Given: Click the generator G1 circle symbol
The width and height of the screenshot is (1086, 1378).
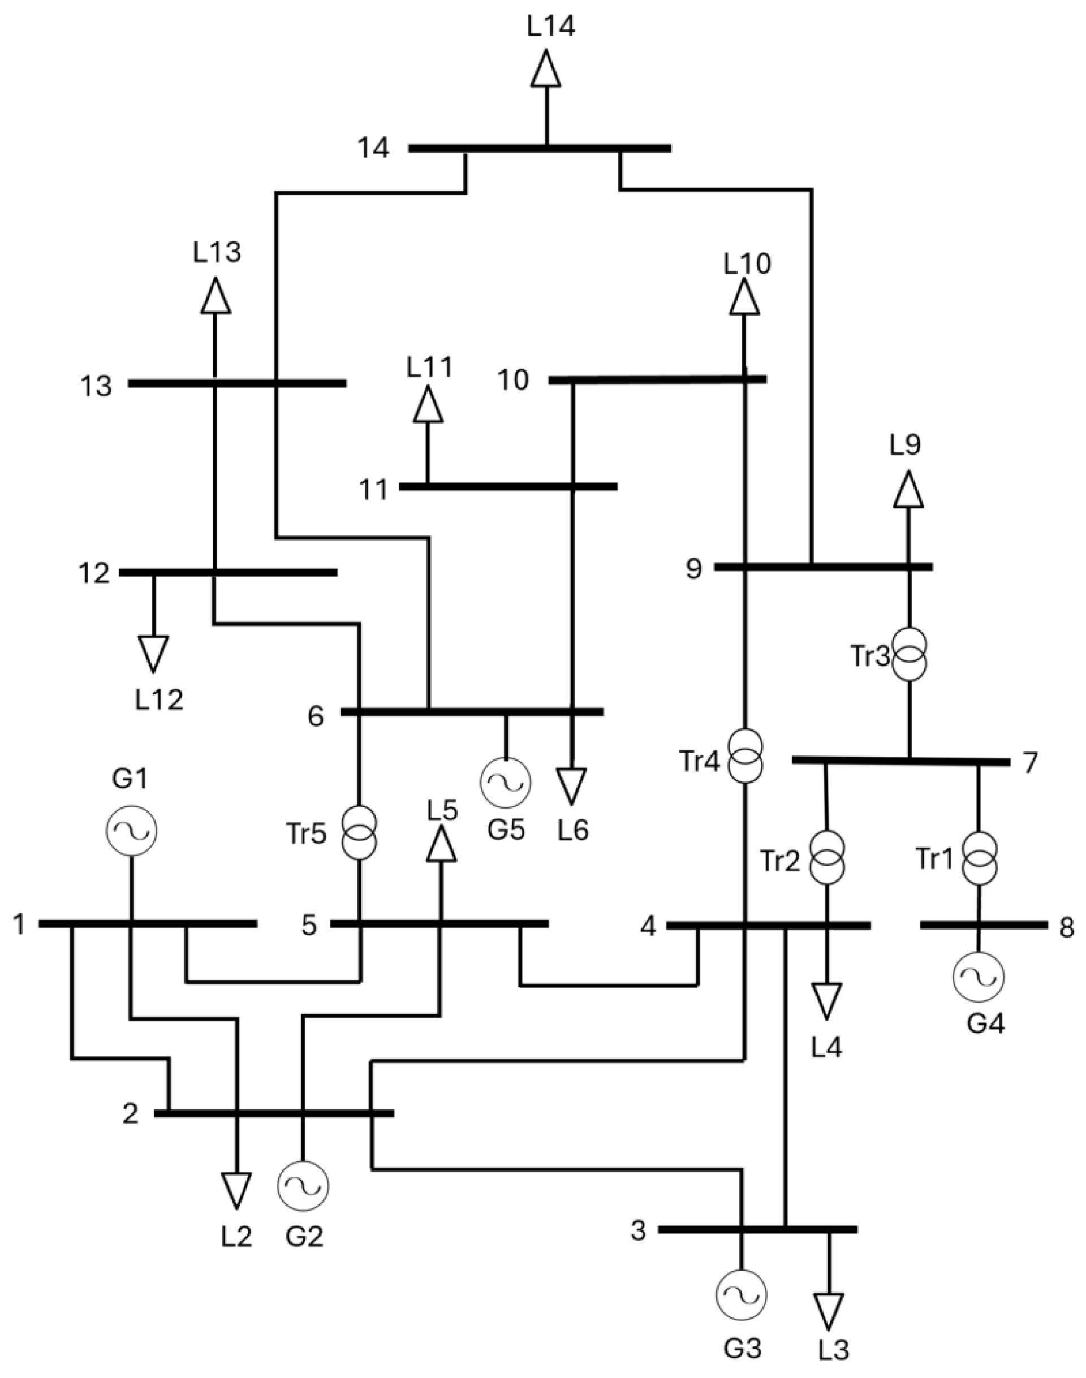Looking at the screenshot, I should tap(132, 830).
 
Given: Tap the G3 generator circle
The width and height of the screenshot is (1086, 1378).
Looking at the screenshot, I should tap(741, 1295).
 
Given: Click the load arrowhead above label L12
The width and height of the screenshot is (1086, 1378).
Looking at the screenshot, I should tap(153, 654).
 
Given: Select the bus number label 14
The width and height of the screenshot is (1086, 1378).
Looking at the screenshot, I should tap(373, 149).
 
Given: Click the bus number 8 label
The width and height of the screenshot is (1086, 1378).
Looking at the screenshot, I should tap(1066, 927).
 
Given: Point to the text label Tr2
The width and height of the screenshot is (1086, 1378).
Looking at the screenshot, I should tap(779, 861).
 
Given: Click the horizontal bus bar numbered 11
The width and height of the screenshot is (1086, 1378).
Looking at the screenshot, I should tap(508, 487).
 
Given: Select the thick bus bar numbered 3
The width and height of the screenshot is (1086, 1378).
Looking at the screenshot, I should tap(757, 1230).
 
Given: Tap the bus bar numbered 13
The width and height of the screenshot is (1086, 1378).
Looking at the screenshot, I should tap(238, 383).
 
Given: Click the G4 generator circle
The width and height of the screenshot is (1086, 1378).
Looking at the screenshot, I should tap(979, 977).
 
